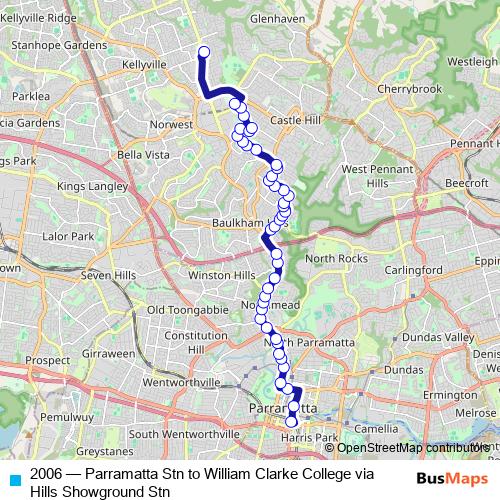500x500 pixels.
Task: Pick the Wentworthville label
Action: pos(182,383)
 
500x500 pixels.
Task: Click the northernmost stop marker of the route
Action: pos(203,53)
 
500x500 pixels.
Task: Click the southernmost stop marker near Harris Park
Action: pos(291,422)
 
